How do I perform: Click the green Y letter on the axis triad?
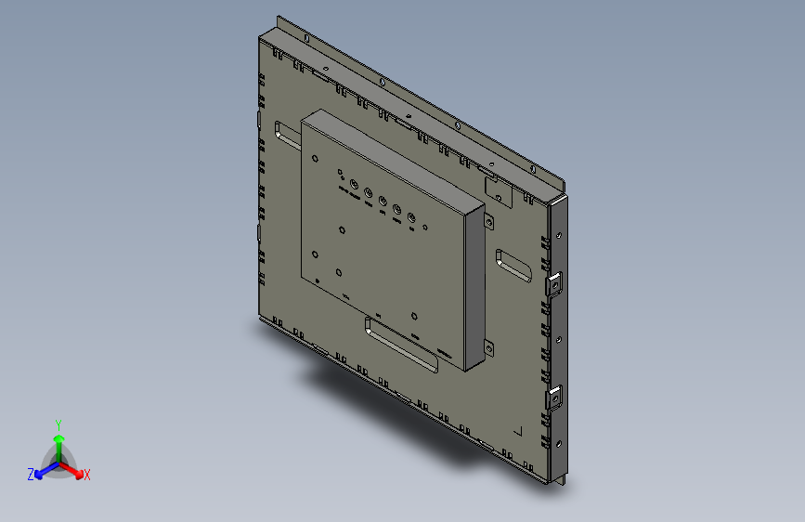[x=58, y=424]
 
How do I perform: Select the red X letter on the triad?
[x=87, y=476]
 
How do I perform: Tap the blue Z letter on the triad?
[x=31, y=475]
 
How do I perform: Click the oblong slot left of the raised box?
[x=287, y=136]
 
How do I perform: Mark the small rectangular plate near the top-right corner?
[x=499, y=189]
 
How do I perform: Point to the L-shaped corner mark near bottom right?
[x=518, y=431]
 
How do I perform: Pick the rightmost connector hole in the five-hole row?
[x=410, y=218]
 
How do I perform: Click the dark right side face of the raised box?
[x=474, y=283]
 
